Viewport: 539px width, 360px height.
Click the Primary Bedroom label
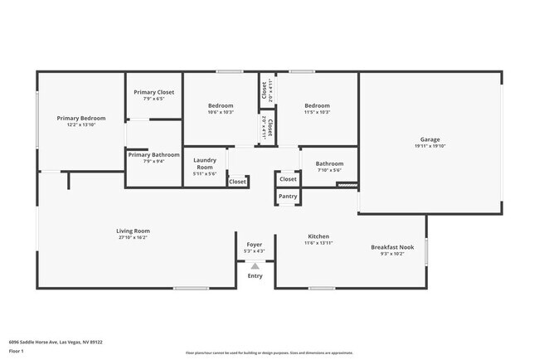pyautogui.click(x=81, y=119)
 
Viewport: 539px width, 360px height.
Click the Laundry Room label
pyautogui.click(x=204, y=163)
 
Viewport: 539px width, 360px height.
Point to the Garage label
pyautogui.click(x=430, y=139)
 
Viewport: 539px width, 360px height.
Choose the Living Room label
pyautogui.click(x=133, y=231)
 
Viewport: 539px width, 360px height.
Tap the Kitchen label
pyautogui.click(x=319, y=236)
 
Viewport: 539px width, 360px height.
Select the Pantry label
pyautogui.click(x=288, y=197)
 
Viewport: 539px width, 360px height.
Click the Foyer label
pyautogui.click(x=255, y=245)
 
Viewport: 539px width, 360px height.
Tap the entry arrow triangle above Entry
pyautogui.click(x=255, y=265)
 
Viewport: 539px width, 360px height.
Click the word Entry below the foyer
pyautogui.click(x=255, y=275)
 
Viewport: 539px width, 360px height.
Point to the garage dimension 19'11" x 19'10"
pyautogui.click(x=430, y=146)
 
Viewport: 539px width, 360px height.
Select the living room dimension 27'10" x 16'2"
pyautogui.click(x=133, y=237)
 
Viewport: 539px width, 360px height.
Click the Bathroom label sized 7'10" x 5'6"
pyautogui.click(x=329, y=163)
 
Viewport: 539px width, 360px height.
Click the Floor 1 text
pyautogui.click(x=17, y=351)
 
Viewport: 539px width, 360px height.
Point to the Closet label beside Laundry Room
pyautogui.click(x=237, y=182)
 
